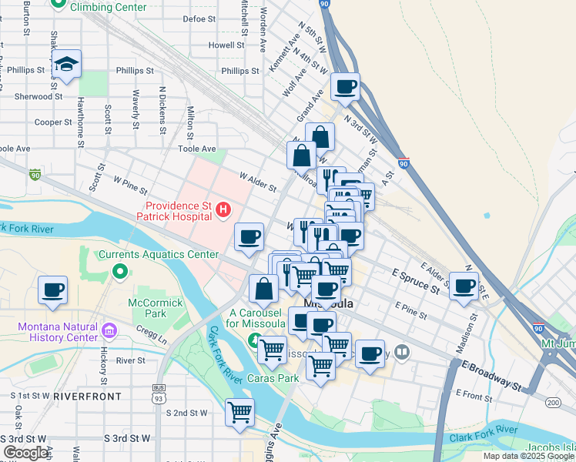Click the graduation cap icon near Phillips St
(x=67, y=65)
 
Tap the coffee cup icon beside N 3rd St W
(x=346, y=87)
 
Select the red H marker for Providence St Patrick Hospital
(x=223, y=209)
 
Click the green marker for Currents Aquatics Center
(x=119, y=271)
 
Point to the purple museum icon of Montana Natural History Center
(x=109, y=332)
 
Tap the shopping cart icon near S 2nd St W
(x=239, y=412)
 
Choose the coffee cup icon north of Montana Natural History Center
(x=53, y=290)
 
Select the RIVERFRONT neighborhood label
(x=87, y=396)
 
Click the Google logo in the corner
(x=26, y=453)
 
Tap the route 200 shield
(x=552, y=402)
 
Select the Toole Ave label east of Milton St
(x=196, y=149)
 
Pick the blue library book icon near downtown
(x=401, y=353)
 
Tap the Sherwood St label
(x=37, y=97)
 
